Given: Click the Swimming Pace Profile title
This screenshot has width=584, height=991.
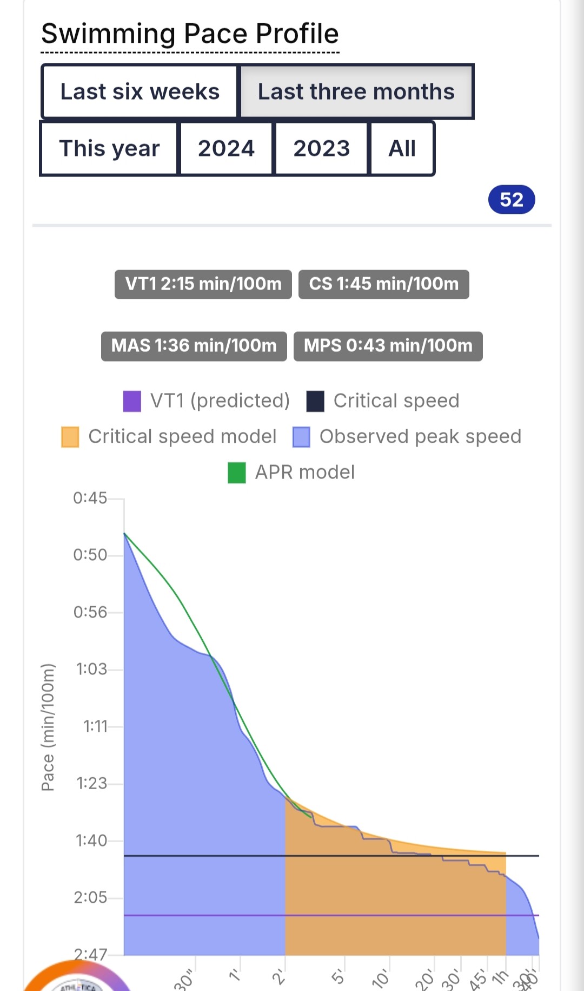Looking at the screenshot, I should (190, 34).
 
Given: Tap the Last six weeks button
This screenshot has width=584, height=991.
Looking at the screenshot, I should (140, 91).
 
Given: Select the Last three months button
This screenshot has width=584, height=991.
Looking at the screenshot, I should (356, 91).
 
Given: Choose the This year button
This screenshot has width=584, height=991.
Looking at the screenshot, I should (109, 148).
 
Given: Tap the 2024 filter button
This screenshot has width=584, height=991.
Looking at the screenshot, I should (226, 148).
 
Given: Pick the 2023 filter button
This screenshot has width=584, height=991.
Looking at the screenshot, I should (321, 148).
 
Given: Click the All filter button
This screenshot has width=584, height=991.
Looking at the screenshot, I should (402, 148).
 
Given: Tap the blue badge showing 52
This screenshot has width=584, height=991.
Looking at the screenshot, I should (511, 200).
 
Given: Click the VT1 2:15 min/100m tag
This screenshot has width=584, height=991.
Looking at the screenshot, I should (203, 284).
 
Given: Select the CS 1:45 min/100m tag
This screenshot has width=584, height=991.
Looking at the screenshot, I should (383, 284).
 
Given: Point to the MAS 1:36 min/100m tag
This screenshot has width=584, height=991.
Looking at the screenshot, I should (194, 346).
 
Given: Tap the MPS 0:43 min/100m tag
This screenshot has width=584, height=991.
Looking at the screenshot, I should (388, 346).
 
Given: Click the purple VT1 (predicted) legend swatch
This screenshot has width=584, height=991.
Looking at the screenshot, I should (132, 402).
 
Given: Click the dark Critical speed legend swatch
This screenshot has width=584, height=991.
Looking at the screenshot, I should (315, 402).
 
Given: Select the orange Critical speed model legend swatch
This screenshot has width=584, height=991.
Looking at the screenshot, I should (70, 437).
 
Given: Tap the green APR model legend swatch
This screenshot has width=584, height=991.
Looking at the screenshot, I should (237, 472).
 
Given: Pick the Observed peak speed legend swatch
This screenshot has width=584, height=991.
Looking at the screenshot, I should (301, 437).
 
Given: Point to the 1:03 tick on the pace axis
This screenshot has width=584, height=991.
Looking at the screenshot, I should (91, 670).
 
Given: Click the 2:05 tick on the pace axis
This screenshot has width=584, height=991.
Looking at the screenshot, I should (90, 898).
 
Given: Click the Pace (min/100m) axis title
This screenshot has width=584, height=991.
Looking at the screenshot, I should (48, 727).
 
